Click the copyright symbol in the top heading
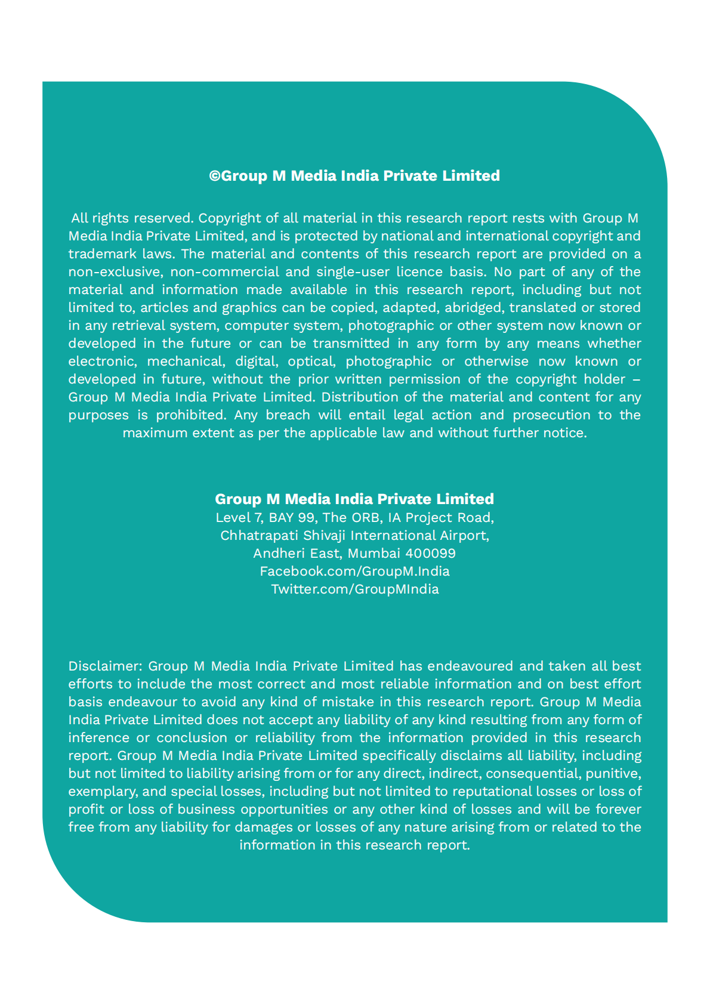215,176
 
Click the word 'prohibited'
190,415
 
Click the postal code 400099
430,553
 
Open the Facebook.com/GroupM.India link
354,571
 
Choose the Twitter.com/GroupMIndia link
354,589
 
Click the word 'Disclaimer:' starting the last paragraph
105,666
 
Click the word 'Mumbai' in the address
374,553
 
